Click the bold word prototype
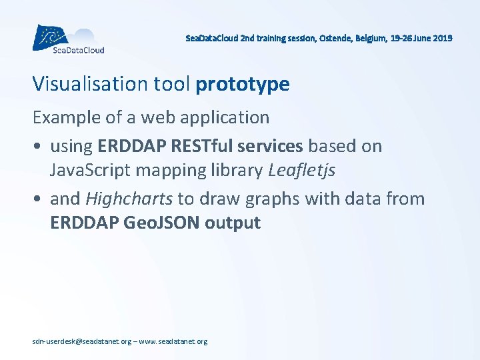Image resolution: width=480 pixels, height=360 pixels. point(243,85)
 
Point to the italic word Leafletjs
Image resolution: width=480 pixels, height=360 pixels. point(302,170)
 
